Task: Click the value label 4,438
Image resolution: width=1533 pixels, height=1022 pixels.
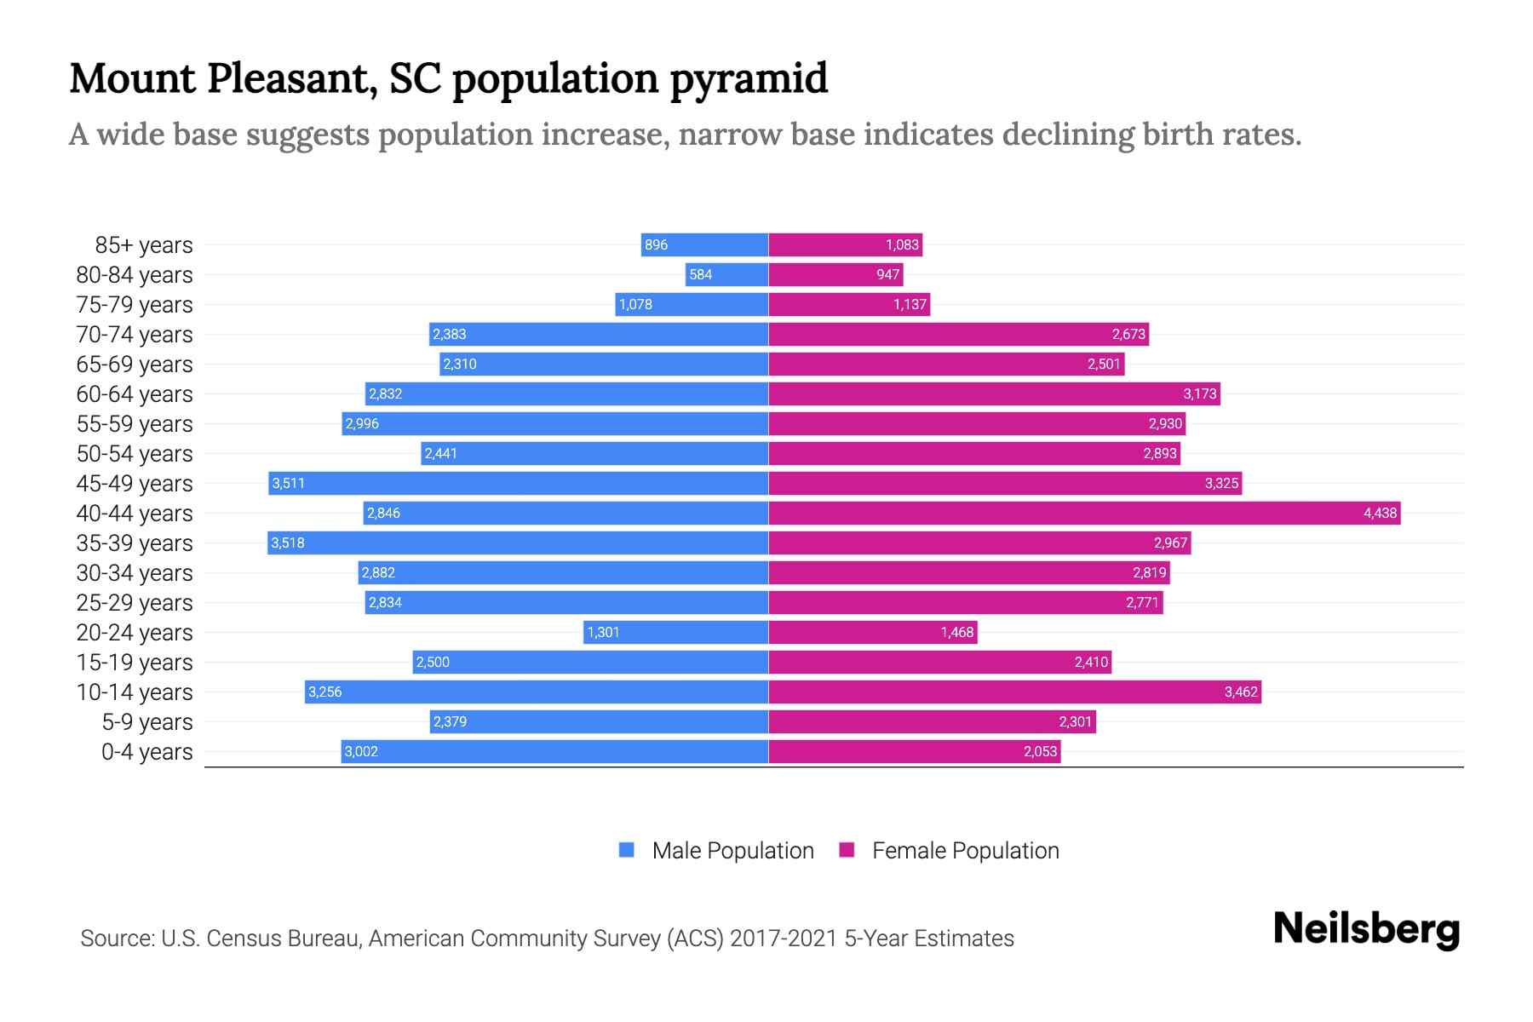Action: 1380,513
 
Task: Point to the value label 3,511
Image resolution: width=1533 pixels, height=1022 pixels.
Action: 288,483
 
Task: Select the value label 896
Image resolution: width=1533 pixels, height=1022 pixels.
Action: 656,244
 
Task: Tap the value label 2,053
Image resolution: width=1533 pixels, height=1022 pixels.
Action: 1040,751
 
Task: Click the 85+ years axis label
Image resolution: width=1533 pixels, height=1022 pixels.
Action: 143,245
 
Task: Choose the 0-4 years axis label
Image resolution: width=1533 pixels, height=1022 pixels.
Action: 146,752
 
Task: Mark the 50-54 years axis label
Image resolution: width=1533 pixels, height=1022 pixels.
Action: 135,454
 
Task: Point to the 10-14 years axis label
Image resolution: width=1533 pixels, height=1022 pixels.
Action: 135,692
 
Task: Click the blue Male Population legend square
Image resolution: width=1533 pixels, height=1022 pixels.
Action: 627,850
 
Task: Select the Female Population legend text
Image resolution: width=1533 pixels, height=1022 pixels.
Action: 965,850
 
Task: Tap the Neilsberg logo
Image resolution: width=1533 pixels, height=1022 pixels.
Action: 1366,930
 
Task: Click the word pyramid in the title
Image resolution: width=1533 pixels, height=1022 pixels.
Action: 749,79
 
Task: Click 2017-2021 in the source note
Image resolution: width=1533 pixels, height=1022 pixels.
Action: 784,939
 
